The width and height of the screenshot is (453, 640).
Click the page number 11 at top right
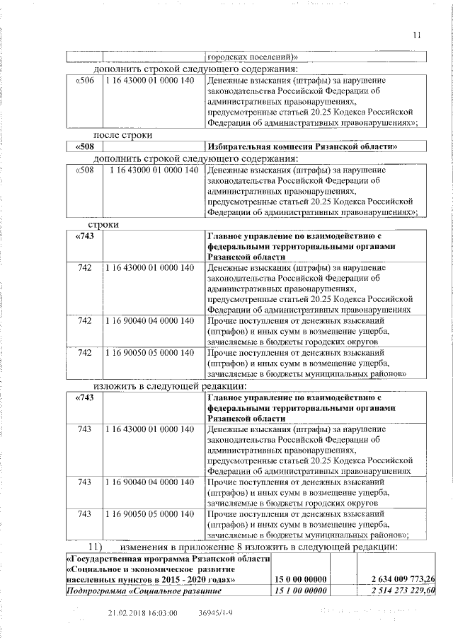[x=416, y=34]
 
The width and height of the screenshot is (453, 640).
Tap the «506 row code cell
[x=84, y=81]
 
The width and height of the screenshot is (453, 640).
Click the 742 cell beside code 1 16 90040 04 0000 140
[x=84, y=321]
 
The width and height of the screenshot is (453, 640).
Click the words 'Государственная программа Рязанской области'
[x=168, y=559]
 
